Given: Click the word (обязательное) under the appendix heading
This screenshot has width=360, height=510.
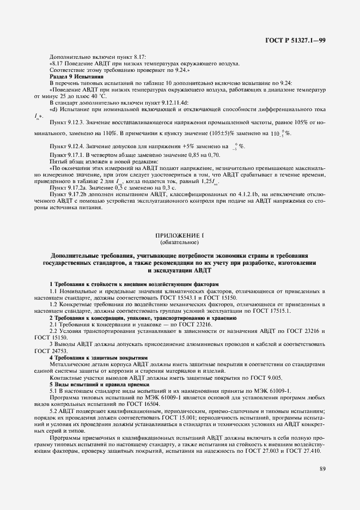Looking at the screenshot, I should pos(180,241).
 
